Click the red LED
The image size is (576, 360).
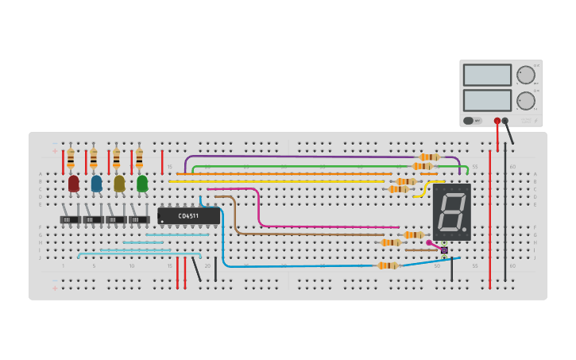click(74, 184)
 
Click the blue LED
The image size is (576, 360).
click(96, 184)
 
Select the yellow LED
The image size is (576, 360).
click(119, 184)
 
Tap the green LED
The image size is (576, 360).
click(142, 184)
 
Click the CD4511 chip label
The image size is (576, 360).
click(189, 215)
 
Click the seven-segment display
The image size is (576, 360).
click(451, 211)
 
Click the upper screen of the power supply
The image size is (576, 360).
click(487, 75)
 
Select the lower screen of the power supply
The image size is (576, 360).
click(487, 100)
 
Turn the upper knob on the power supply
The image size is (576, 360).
click(526, 75)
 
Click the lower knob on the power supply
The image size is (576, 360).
click(526, 101)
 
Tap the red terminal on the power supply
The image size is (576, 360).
click(497, 121)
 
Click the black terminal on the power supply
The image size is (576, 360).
click(505, 121)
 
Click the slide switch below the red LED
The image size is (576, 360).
click(70, 219)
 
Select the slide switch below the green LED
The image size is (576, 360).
click(139, 219)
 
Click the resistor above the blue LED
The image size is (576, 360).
click(93, 158)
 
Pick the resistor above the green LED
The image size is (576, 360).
click(139, 158)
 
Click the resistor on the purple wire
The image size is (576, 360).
click(429, 157)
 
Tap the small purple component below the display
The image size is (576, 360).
click(444, 250)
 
